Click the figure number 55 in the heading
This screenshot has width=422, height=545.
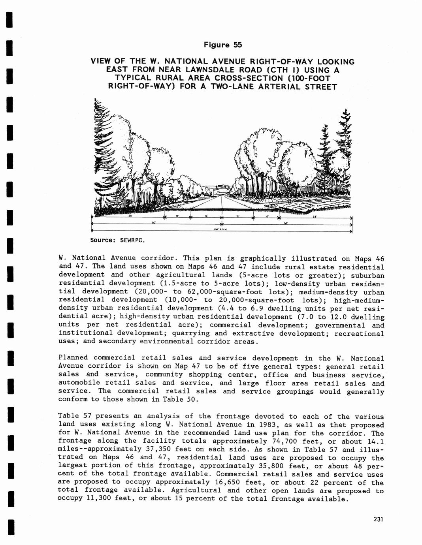coord(237,45)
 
